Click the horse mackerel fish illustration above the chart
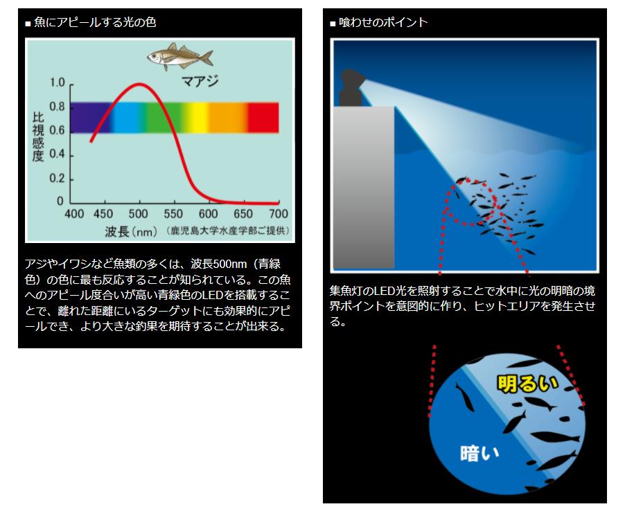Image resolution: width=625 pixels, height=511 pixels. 179,57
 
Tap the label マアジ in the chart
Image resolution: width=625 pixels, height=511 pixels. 200,81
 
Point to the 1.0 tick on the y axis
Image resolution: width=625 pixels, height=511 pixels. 57,83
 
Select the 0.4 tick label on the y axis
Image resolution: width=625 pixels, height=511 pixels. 57,154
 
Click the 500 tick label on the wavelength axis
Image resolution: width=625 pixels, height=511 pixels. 139,214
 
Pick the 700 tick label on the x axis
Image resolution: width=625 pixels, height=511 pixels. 279,214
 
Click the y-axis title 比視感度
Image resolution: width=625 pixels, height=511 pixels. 38,136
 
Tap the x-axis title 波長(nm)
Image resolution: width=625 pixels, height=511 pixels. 131,231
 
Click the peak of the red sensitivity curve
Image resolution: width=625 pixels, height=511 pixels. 139,84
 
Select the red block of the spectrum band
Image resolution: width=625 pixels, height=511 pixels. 263,118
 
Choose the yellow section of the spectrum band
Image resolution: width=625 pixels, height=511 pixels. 196,118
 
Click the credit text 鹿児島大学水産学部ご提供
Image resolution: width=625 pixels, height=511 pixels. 227,231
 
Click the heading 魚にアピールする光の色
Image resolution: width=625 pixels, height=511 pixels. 95,22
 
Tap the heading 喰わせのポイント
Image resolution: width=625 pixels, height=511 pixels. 383,22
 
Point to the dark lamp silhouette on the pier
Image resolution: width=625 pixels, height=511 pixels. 351,88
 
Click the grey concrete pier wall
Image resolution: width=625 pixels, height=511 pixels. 364,187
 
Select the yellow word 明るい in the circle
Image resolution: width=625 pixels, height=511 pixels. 527,384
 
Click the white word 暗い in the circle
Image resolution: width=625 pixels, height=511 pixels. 479,454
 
